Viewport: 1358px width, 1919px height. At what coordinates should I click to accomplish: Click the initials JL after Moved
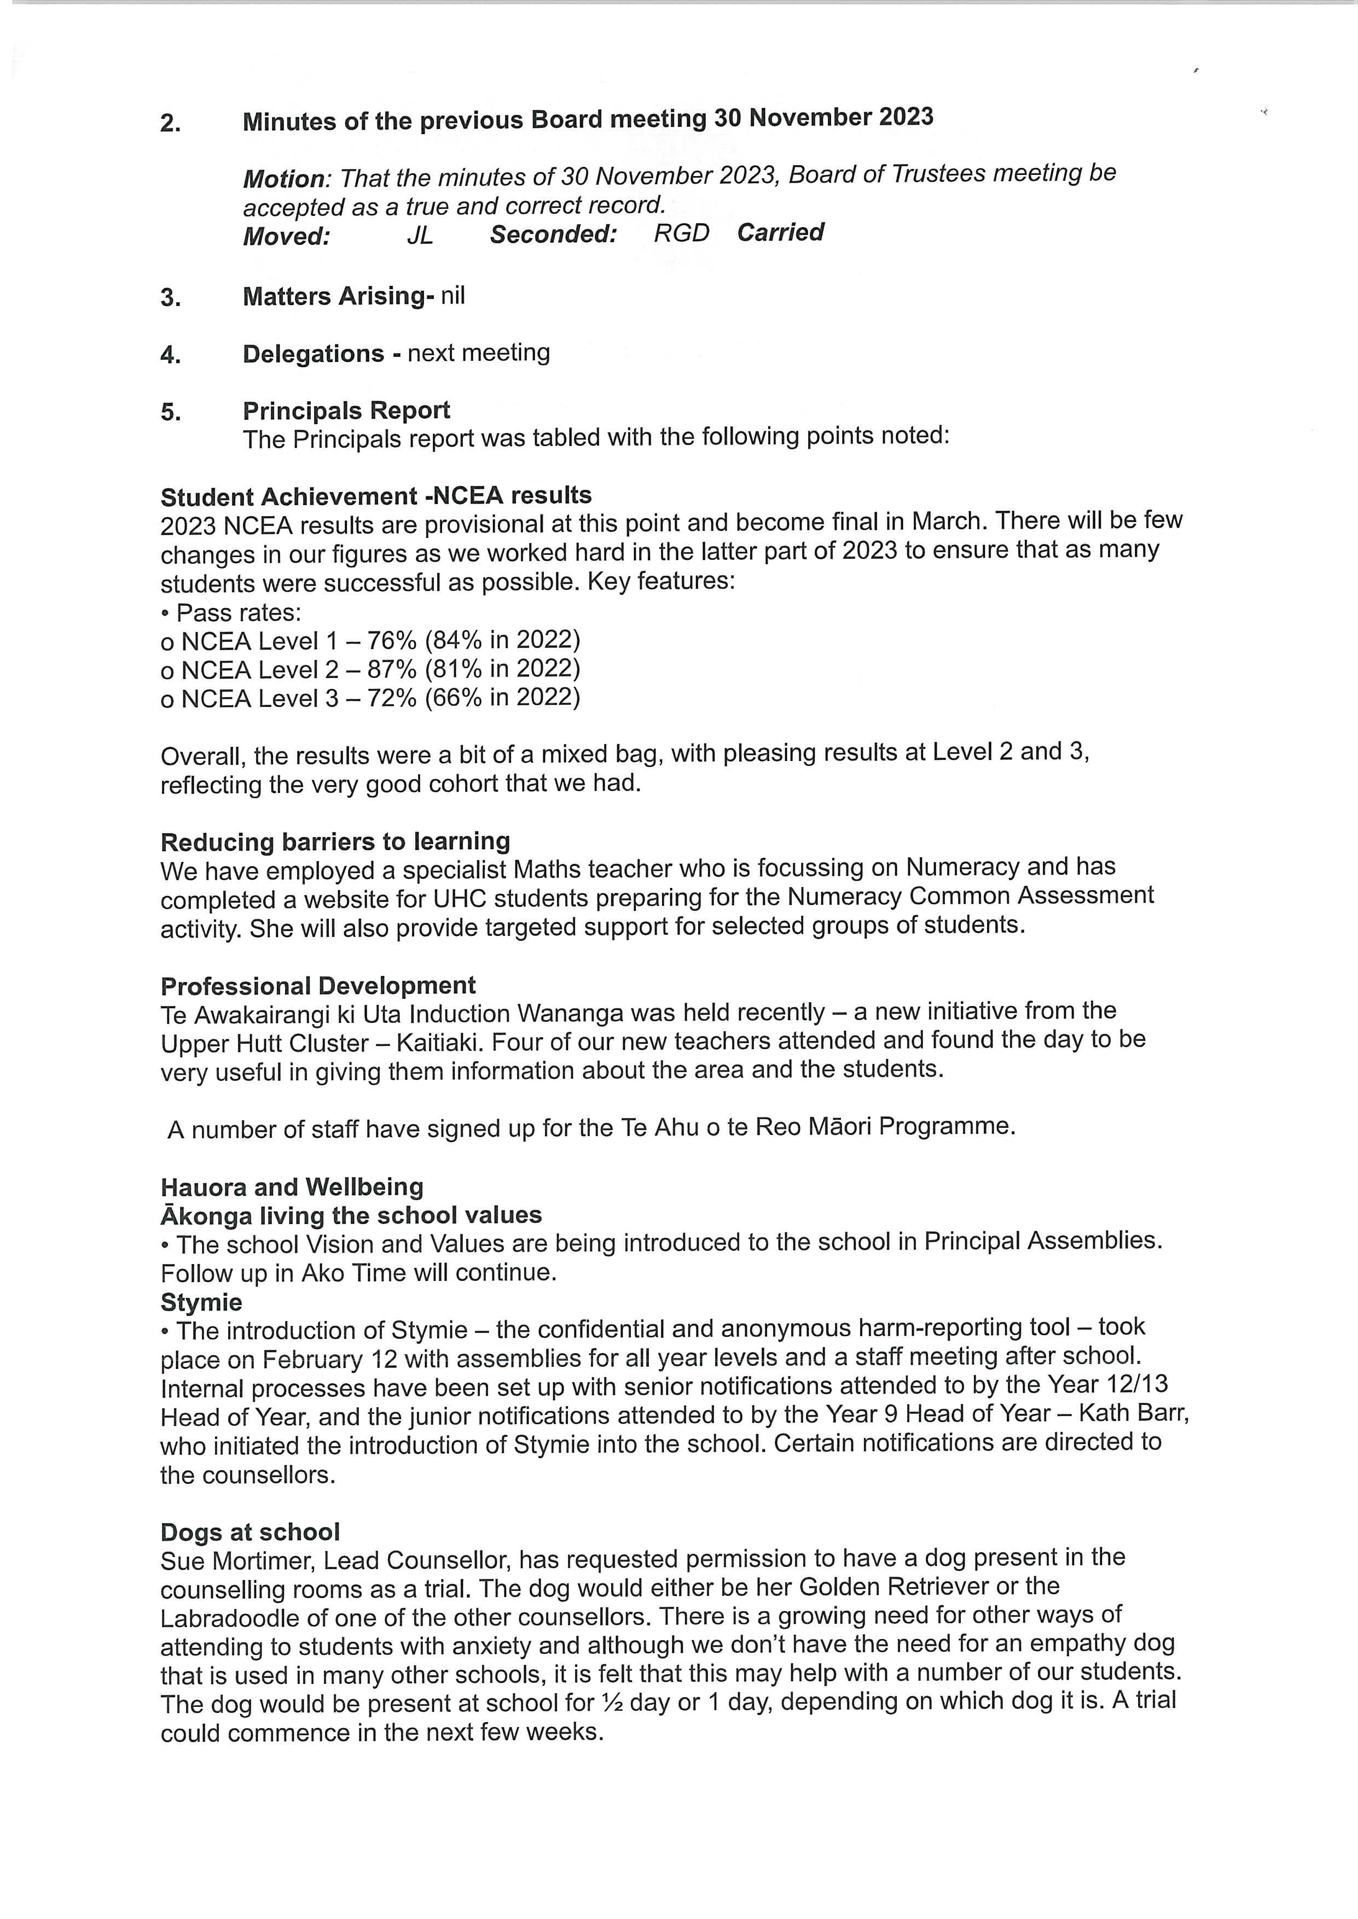coord(420,236)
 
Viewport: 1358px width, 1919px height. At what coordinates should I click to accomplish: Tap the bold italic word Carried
coord(780,232)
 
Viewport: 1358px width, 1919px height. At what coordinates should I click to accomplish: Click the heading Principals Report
coord(346,411)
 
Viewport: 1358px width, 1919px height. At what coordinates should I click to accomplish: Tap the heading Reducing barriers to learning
coord(335,841)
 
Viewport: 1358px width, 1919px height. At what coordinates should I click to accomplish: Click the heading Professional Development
coord(318,986)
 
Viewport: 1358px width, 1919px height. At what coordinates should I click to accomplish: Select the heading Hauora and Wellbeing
coord(292,1187)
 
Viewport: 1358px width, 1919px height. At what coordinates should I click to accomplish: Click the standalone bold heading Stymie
coord(201,1303)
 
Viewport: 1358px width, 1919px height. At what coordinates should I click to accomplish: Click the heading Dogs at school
coord(250,1532)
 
